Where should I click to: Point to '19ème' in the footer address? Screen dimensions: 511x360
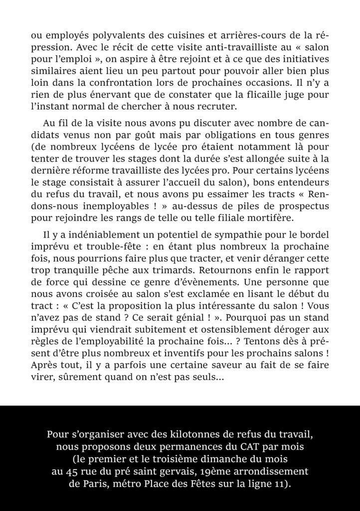click(x=219, y=471)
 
